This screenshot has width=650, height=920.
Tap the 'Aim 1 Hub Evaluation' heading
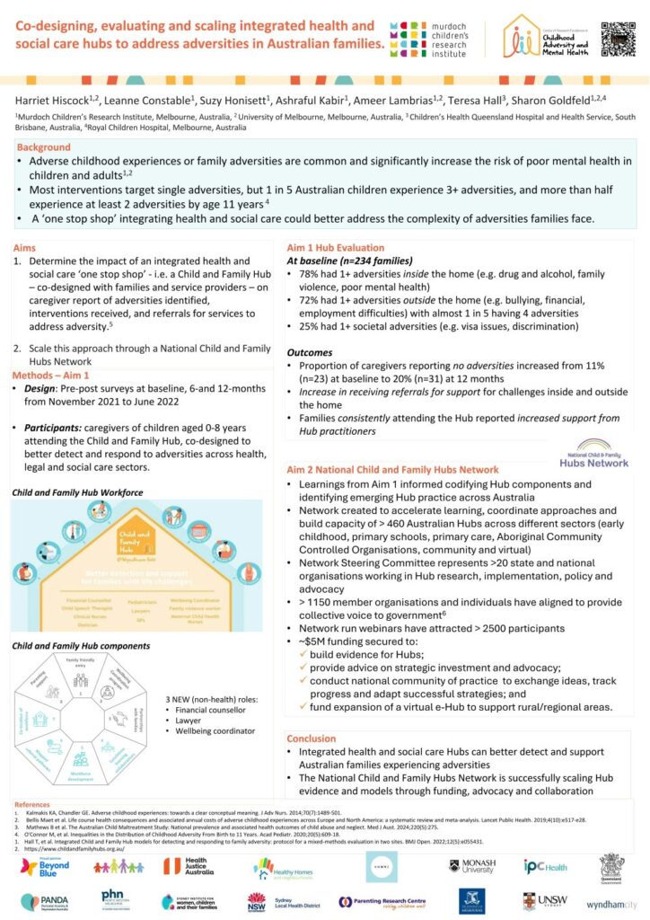335,247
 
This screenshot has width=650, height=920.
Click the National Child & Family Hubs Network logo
593,453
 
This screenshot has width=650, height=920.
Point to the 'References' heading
35,804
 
